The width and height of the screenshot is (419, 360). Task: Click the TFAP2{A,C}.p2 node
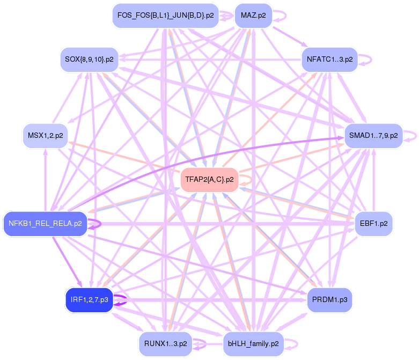pos(209,179)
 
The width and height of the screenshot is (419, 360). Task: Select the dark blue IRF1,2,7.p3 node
pos(89,299)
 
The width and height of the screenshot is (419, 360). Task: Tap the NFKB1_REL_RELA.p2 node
pos(45,223)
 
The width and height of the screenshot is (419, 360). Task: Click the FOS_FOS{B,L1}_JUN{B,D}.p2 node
pos(166,15)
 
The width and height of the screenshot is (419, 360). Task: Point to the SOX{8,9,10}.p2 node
pos(89,59)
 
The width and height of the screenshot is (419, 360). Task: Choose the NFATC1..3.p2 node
pos(329,59)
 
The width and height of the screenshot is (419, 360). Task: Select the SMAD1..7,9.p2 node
pos(373,135)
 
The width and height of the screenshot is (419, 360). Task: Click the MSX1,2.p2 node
pos(45,135)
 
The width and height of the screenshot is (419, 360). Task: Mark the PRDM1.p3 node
pos(329,299)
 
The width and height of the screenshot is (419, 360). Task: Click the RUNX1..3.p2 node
pos(166,343)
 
